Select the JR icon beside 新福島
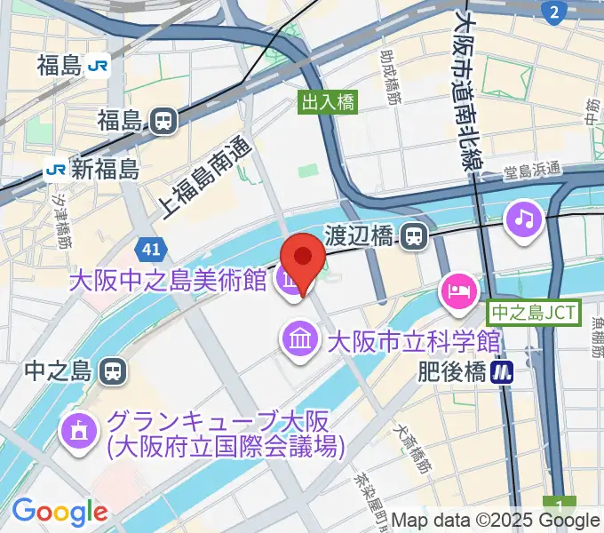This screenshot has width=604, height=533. click(x=56, y=168)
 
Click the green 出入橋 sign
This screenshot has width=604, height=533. click(x=328, y=102)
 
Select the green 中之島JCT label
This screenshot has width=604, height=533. click(x=534, y=312)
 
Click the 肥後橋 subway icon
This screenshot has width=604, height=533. click(x=505, y=371)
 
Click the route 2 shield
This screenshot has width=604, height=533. click(x=553, y=11)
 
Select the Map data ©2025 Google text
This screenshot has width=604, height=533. click(x=495, y=521)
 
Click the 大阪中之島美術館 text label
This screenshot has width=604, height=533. click(x=170, y=282)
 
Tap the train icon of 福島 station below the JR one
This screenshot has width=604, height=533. click(x=162, y=121)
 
